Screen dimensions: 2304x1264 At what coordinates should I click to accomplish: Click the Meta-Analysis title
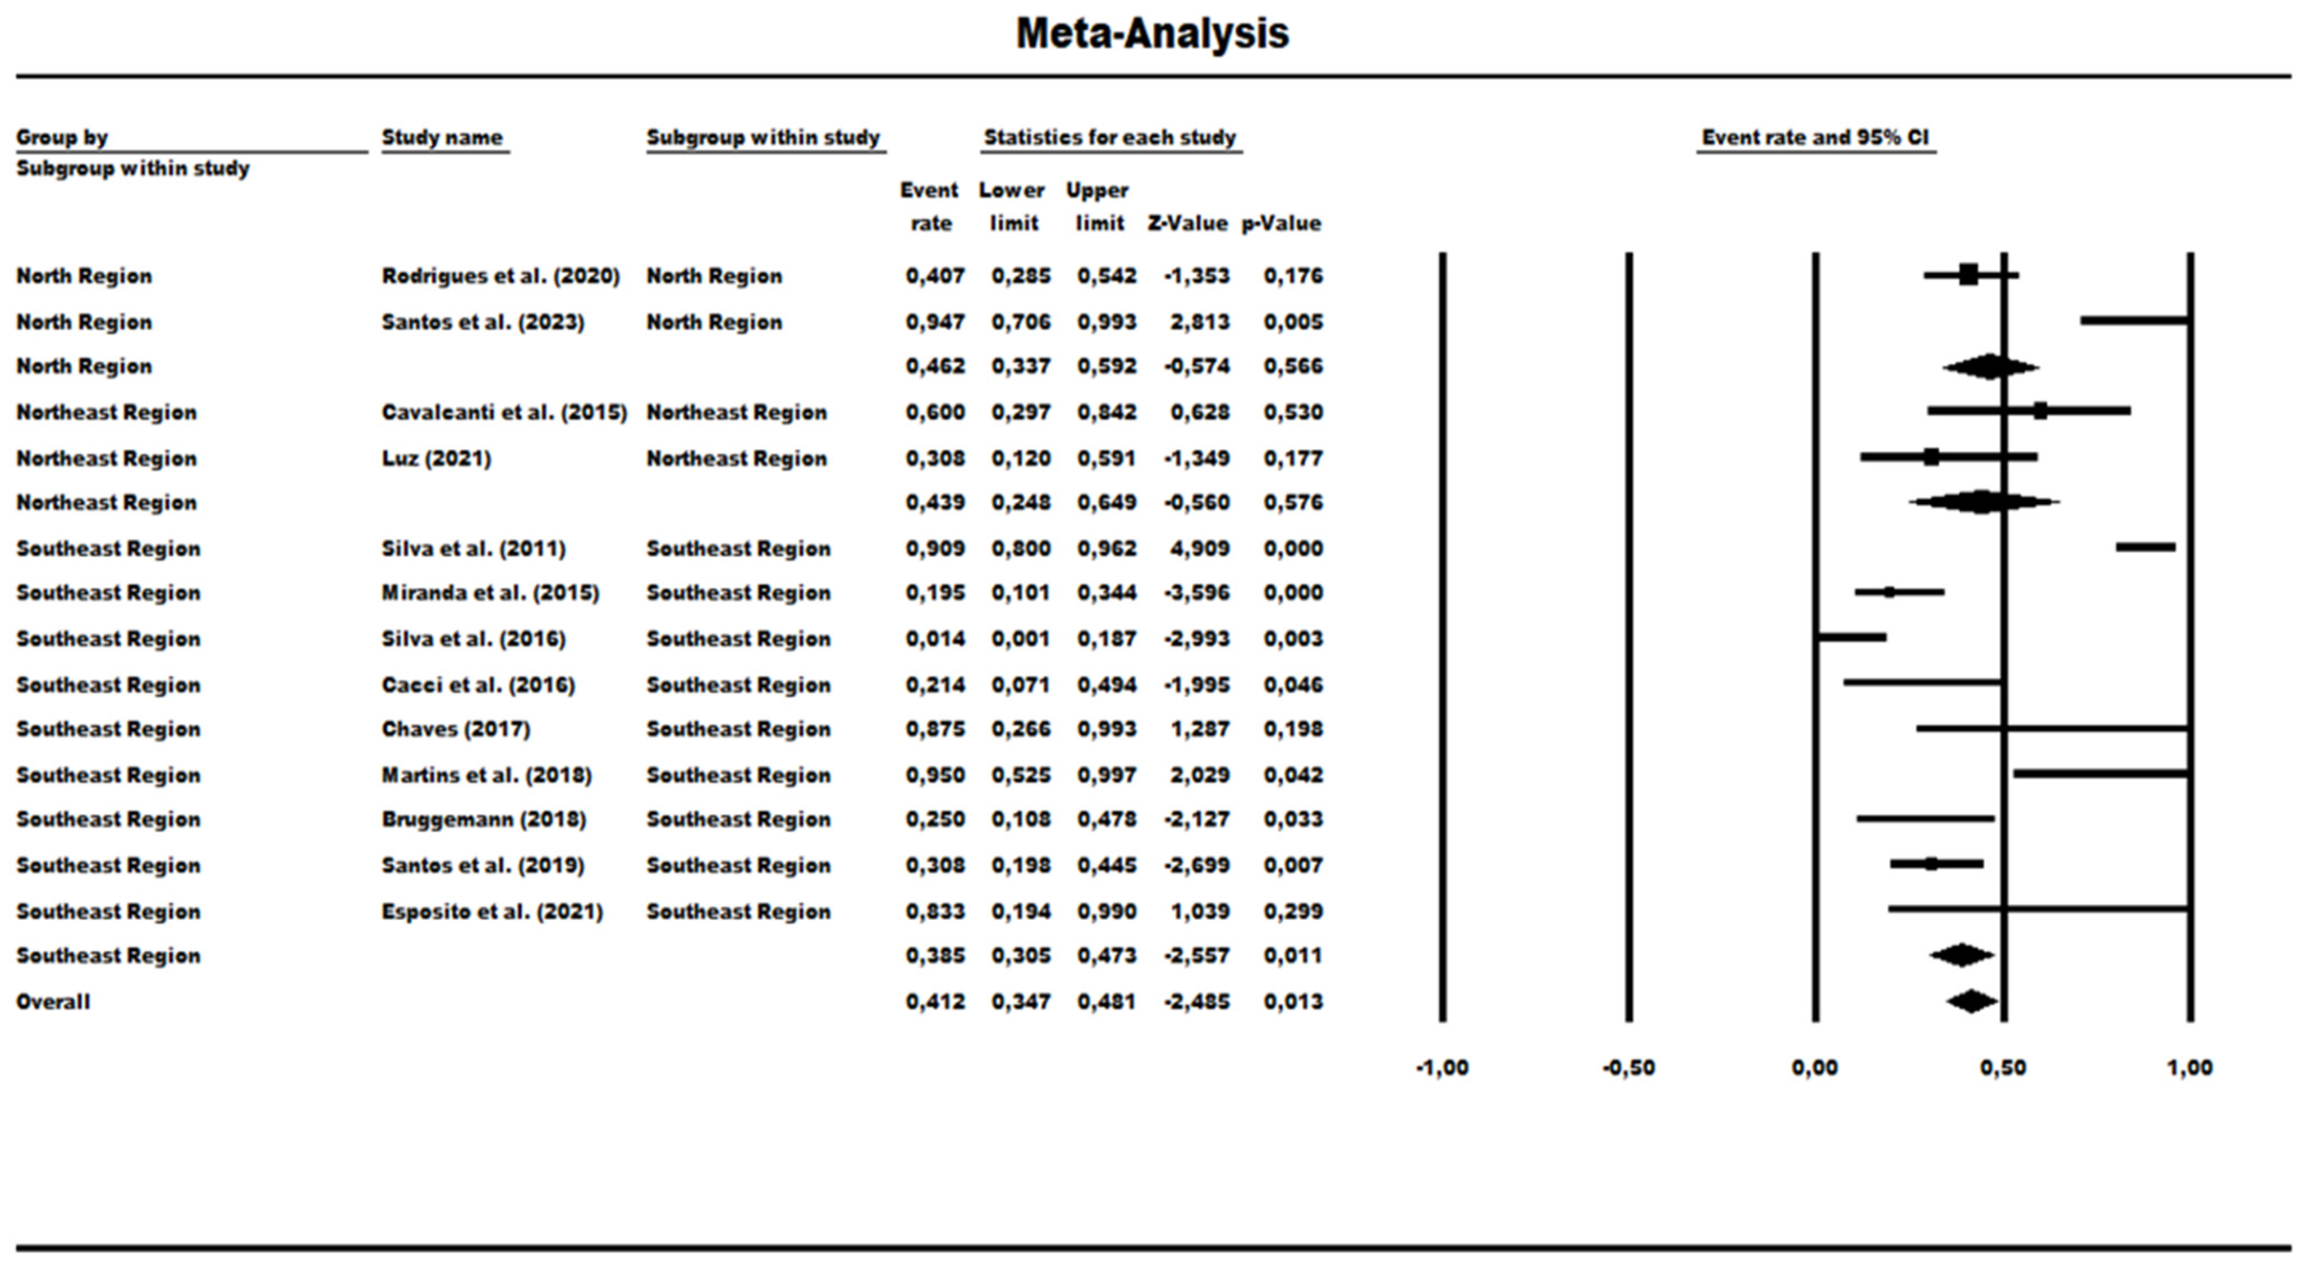pos(1152,34)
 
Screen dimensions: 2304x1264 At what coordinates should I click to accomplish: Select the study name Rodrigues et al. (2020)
pos(500,276)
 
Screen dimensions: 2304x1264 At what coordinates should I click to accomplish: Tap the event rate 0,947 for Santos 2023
pos(935,322)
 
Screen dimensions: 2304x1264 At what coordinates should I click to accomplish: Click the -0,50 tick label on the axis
pos(1629,1067)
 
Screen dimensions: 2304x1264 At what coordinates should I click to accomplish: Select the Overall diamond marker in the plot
pos(1970,1001)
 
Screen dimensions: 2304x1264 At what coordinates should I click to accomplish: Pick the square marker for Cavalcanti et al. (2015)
pos(2040,411)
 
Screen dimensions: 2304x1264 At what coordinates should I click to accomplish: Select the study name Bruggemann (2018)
pos(483,819)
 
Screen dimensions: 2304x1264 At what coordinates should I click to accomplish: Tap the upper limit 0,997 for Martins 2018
pos(1107,775)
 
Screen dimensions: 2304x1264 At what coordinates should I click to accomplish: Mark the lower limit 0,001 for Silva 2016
pos(1021,639)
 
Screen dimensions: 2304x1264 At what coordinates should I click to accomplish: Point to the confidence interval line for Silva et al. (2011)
pos(2145,547)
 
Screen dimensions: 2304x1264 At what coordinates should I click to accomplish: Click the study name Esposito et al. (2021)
pos(492,912)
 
